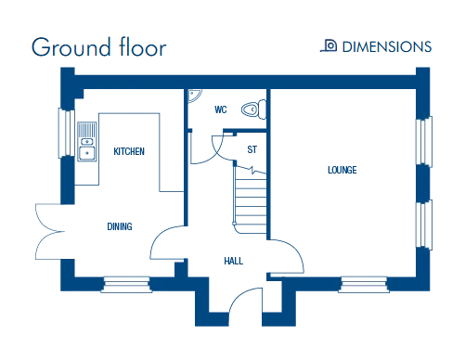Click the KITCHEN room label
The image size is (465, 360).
click(x=129, y=151)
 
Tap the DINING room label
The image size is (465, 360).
click(x=120, y=226)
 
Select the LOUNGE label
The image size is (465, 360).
click(x=342, y=170)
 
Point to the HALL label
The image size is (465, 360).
click(x=234, y=261)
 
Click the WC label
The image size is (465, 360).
click(x=221, y=109)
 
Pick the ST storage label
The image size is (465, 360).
click(x=252, y=149)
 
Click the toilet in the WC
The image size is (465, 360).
click(x=253, y=109)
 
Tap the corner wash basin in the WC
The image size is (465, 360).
click(x=194, y=95)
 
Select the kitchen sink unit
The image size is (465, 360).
click(x=87, y=141)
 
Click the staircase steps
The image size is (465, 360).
click(x=250, y=201)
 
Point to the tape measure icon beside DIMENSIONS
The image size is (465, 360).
click(x=329, y=45)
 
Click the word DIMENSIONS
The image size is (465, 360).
click(x=387, y=46)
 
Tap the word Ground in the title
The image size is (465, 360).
click(x=71, y=47)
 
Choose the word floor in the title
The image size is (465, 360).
click(x=143, y=46)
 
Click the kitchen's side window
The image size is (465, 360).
click(x=67, y=133)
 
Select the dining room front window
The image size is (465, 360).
click(x=126, y=285)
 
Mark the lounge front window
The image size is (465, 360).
click(x=364, y=285)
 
